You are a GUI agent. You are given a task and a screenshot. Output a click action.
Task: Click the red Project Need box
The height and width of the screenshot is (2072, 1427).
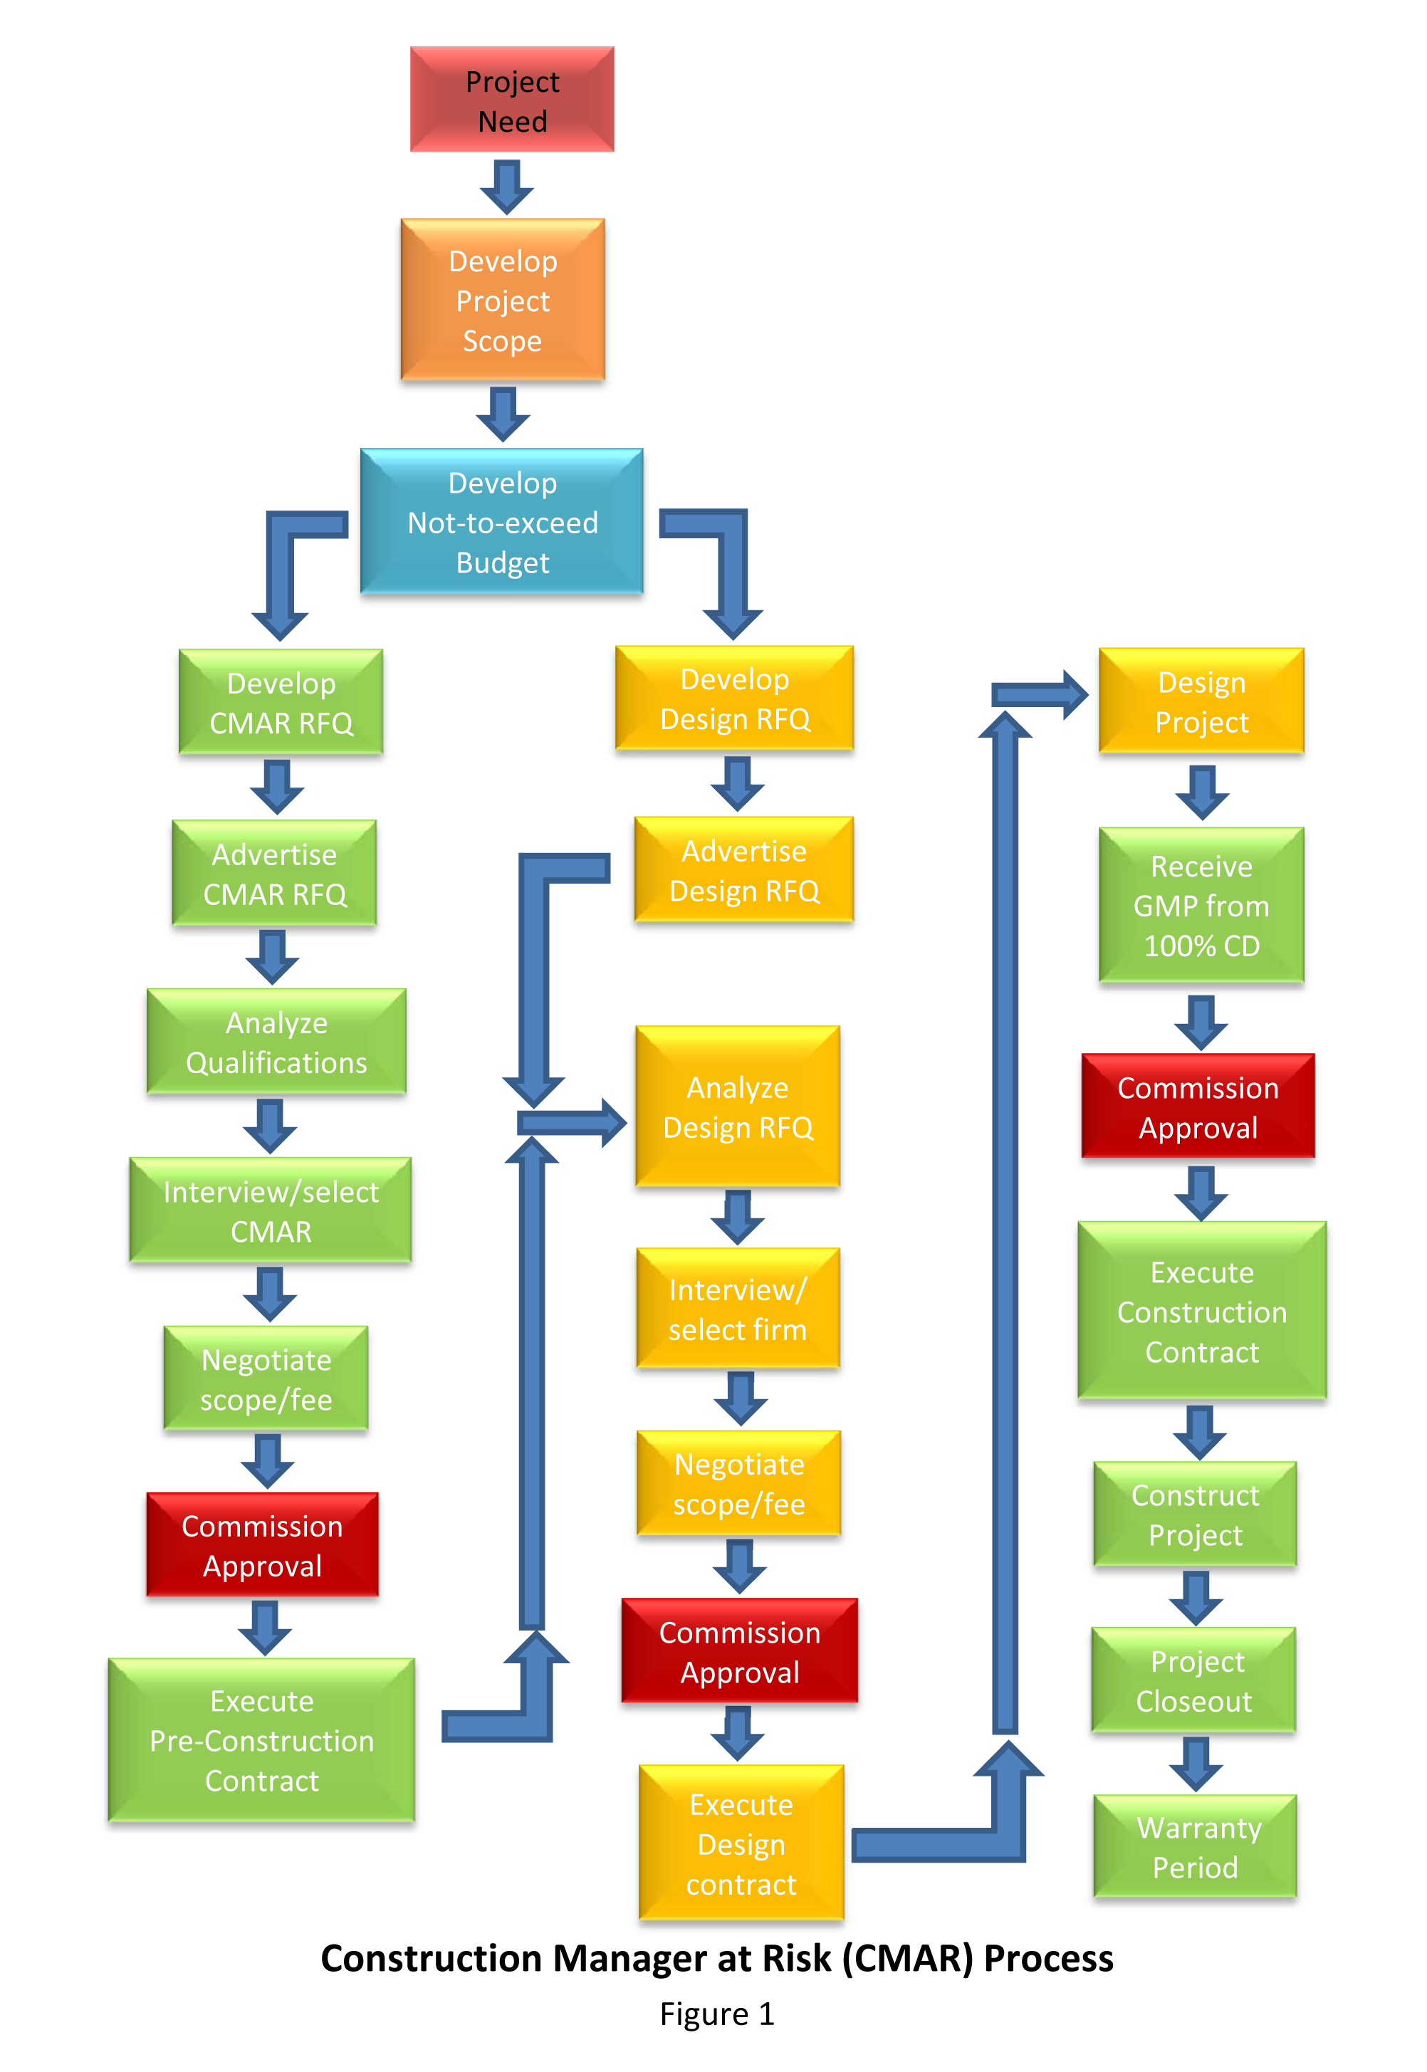(511, 99)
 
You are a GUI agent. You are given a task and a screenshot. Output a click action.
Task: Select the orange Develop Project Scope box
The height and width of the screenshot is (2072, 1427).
(503, 300)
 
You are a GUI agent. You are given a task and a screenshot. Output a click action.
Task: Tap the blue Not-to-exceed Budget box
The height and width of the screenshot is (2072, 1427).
(501, 522)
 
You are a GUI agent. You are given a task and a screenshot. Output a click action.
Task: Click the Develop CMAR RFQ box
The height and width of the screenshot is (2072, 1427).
(281, 703)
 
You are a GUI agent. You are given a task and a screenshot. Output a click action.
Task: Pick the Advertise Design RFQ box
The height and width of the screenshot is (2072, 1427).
(744, 869)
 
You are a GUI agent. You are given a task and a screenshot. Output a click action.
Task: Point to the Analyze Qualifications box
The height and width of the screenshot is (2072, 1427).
(276, 1042)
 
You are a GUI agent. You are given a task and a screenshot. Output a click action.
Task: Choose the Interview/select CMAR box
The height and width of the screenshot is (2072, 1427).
(270, 1211)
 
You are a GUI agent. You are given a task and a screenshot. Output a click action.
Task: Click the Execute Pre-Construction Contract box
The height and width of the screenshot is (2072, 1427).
(261, 1740)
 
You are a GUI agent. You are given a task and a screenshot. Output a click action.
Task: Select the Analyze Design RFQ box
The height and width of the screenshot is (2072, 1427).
(738, 1106)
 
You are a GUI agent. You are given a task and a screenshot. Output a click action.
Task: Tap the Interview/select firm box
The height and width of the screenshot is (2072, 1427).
(738, 1309)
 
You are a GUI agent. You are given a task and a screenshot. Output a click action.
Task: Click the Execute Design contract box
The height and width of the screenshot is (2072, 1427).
(741, 1843)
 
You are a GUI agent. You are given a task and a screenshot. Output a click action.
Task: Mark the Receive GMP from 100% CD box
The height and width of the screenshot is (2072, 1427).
(1201, 906)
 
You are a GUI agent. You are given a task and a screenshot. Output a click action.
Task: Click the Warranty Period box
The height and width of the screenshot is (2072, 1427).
(1195, 1847)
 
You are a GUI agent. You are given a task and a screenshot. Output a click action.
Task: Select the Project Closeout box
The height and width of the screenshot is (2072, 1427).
(1193, 1680)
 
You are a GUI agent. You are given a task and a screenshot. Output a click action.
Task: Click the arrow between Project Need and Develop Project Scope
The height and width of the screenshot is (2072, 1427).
(507, 186)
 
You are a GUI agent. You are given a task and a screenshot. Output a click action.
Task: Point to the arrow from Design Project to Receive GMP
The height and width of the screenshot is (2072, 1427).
(1202, 791)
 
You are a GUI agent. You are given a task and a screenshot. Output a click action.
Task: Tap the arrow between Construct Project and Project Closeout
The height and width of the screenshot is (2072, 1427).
(1196, 1597)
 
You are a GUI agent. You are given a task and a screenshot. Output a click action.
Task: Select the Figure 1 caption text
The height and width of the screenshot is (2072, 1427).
(716, 2014)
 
